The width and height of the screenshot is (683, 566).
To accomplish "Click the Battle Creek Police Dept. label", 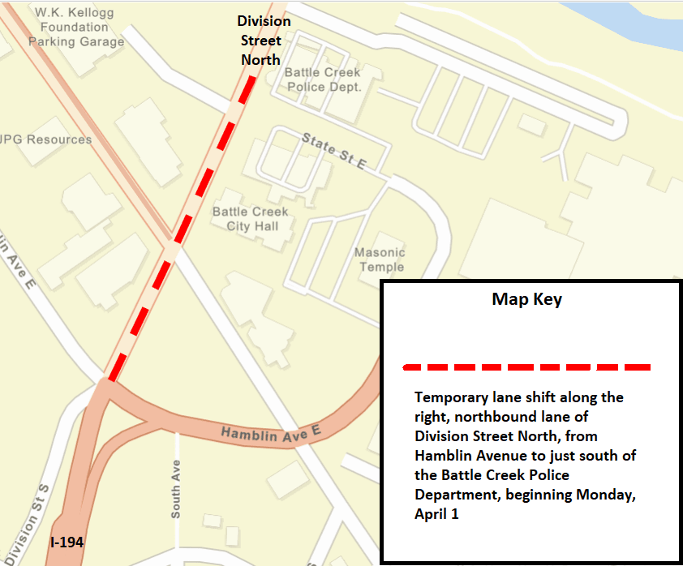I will point(322,79).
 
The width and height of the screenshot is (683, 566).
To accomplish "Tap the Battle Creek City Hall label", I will point(251,219).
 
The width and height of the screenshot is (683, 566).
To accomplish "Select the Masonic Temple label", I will point(379,259).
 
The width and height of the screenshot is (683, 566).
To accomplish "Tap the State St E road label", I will point(334,151).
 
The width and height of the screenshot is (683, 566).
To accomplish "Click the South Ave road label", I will point(175,491).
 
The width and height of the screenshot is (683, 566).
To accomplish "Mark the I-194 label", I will point(67,542).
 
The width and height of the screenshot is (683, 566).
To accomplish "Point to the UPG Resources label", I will point(46,139).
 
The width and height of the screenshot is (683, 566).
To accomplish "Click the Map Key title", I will point(526,299).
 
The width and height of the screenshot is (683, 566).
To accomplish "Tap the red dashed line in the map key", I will point(526,367).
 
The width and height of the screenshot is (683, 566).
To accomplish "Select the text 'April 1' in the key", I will point(437,513).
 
